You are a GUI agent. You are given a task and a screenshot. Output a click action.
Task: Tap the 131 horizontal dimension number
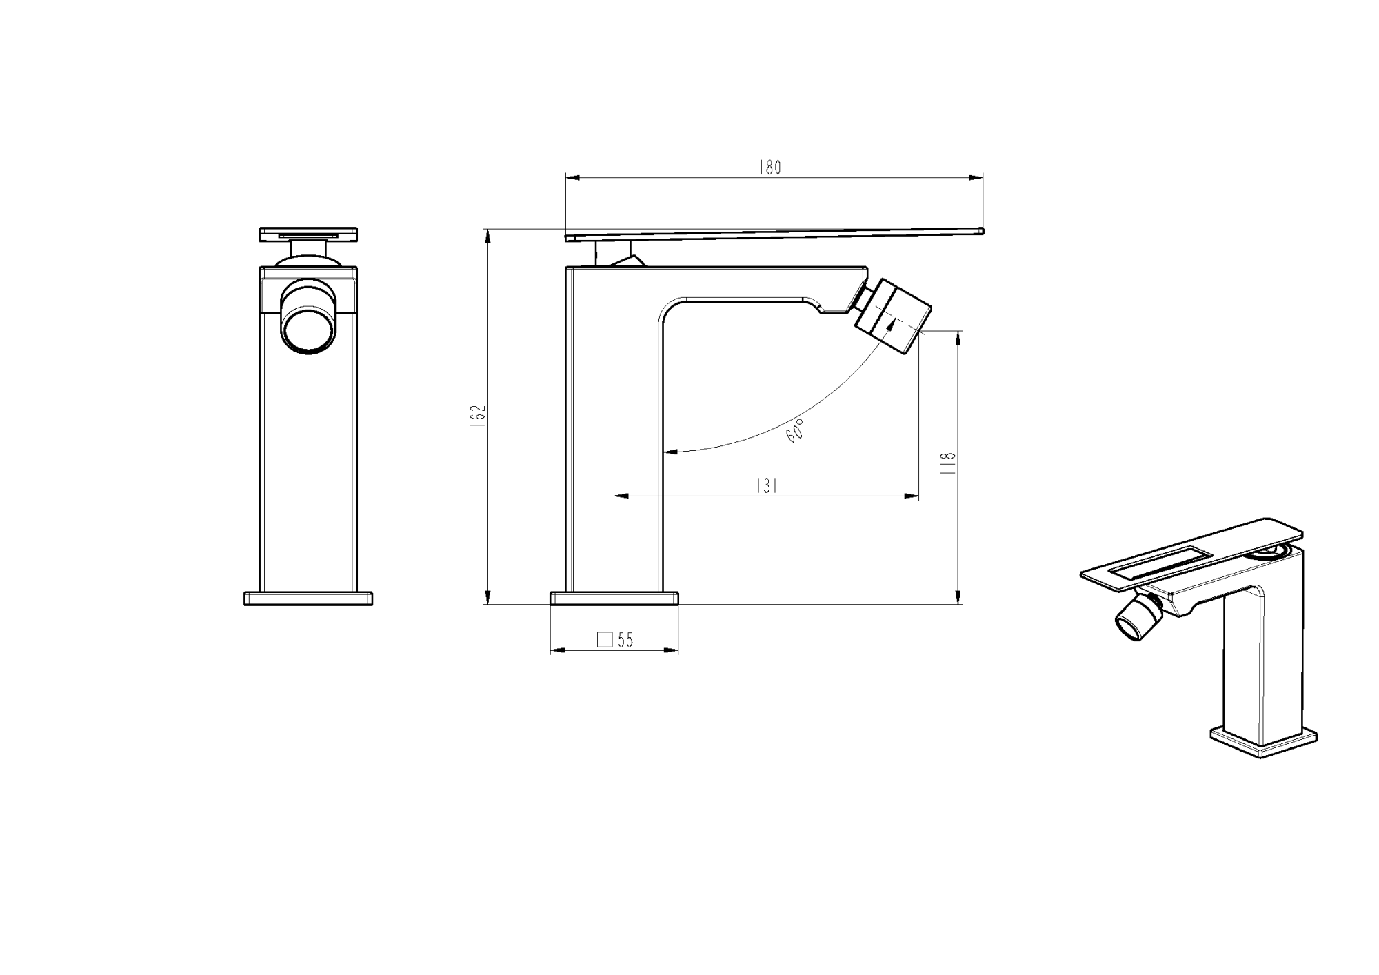[x=767, y=486]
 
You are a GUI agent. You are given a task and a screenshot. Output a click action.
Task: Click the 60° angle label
[x=795, y=430]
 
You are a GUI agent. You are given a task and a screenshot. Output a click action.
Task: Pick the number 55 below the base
[x=625, y=641]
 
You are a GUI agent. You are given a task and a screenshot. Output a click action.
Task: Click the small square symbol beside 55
[x=605, y=640]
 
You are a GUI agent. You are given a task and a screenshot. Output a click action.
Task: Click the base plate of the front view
[x=308, y=598]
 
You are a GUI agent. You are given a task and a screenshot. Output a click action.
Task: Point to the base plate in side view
[x=614, y=597]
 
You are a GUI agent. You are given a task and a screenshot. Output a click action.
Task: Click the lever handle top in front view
[x=308, y=234]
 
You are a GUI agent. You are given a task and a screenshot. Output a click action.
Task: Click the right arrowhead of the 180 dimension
[x=978, y=178]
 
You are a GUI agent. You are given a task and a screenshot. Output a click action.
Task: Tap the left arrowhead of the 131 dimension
[x=619, y=495]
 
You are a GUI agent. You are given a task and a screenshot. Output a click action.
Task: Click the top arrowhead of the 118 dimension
[x=958, y=337]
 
